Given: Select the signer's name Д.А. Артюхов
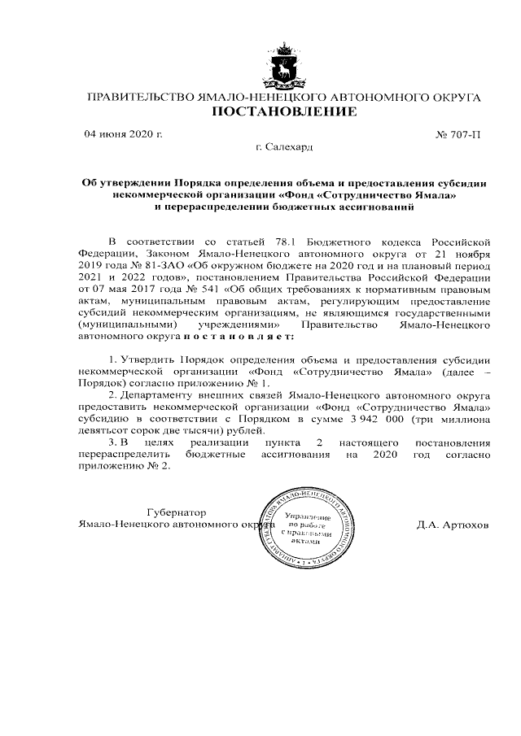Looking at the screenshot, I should pyautogui.click(x=452, y=525).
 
